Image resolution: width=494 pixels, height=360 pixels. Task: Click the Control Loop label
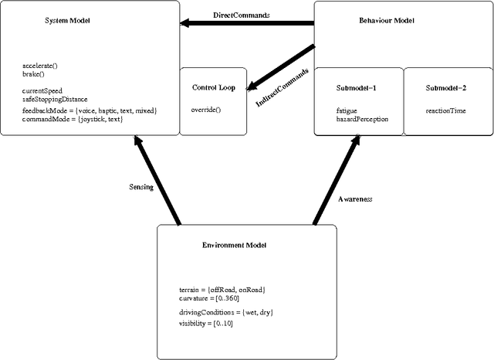pyautogui.click(x=213, y=87)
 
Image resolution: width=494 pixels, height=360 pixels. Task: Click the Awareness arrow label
pyautogui.click(x=356, y=199)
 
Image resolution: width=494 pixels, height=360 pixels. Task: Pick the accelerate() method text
pyautogui.click(x=39, y=66)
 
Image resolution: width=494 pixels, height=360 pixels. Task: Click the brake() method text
pyautogui.click(x=33, y=75)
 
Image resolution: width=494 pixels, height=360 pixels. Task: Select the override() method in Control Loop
pyautogui.click(x=205, y=110)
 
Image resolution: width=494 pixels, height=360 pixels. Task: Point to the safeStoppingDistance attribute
pyautogui.click(x=55, y=99)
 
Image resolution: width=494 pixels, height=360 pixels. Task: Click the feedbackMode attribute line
pyautogui.click(x=90, y=110)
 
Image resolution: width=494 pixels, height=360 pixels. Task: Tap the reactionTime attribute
pyautogui.click(x=445, y=110)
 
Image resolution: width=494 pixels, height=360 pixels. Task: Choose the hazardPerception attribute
pyautogui.click(x=362, y=119)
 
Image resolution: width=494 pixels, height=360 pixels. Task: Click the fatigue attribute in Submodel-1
pyautogui.click(x=347, y=110)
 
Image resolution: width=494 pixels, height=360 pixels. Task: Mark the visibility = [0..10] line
pyautogui.click(x=205, y=323)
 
